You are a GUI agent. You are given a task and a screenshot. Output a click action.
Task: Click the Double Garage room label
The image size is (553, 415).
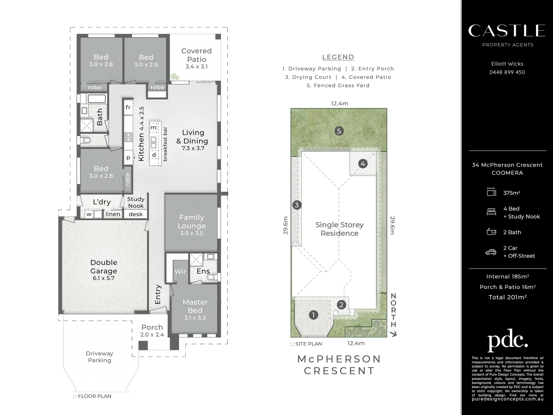click(104, 267)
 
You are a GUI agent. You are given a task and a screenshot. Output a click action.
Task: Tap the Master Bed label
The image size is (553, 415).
click(195, 306)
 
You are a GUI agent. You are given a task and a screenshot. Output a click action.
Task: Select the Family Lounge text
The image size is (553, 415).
click(192, 221)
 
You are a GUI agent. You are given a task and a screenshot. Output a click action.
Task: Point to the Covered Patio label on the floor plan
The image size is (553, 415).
click(196, 55)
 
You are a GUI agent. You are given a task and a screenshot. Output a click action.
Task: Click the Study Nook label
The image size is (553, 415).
click(136, 203)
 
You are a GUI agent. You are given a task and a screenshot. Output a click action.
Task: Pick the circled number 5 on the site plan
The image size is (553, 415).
click(339, 131)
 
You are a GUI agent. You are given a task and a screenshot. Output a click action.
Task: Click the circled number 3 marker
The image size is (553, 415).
click(297, 205)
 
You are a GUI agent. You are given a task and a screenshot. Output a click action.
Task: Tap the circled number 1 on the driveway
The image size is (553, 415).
click(314, 315)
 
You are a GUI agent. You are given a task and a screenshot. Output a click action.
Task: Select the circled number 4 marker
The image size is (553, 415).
click(363, 164)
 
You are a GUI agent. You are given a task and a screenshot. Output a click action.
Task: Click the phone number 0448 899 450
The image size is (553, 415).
click(507, 72)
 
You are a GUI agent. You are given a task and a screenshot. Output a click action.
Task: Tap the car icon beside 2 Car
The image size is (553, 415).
click(491, 252)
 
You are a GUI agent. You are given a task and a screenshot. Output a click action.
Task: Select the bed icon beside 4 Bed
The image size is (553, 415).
click(491, 212)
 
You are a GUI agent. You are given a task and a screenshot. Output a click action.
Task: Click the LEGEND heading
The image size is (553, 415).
click(338, 57)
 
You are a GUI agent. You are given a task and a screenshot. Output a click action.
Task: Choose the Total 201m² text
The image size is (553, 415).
click(508, 297)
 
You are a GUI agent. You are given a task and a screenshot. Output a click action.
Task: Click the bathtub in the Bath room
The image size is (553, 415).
click(97, 99)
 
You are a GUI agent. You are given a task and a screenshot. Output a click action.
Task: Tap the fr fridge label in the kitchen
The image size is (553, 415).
click(128, 107)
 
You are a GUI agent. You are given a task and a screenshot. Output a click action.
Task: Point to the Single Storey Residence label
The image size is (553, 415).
click(339, 229)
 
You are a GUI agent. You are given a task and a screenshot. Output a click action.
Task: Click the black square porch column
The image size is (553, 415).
click(143, 345)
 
